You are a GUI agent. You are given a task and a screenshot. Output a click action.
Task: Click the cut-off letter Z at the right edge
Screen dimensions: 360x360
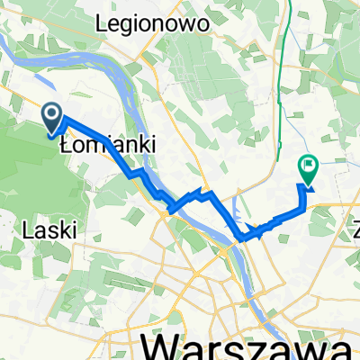coord(355,228)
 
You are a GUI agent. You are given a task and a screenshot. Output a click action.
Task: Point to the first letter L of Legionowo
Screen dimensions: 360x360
coord(111,21)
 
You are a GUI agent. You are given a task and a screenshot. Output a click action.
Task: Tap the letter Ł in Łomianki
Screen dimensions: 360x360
coord(65,144)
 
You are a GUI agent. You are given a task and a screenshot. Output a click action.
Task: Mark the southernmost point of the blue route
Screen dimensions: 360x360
coord(242,239)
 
